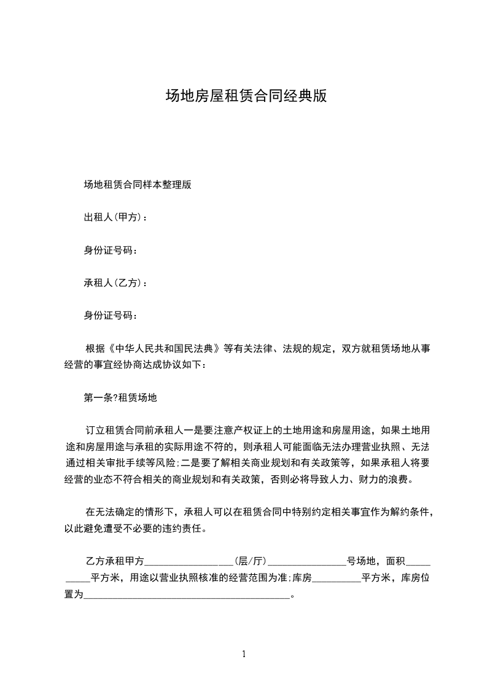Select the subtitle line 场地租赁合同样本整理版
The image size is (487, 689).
[138, 184]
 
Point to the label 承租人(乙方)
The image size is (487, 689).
[114, 283]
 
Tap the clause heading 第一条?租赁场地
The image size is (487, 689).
[120, 397]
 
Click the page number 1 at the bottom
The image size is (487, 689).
[244, 654]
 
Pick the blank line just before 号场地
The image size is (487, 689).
[307, 561]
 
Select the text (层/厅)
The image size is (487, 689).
[251, 561]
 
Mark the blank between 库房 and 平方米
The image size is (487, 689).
[337, 578]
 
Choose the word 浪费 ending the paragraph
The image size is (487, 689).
[403, 479]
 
